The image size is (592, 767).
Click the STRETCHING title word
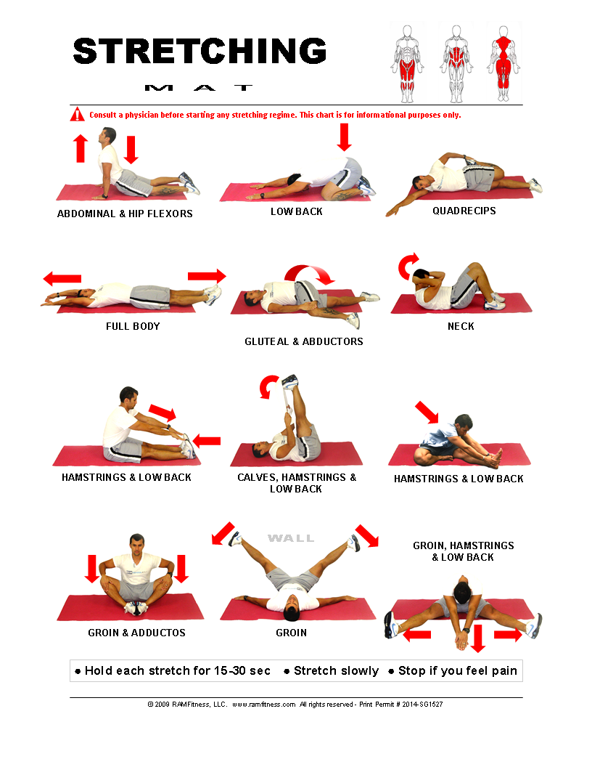[200, 51]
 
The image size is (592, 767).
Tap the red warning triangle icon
[77, 115]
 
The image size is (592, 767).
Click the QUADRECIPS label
[464, 211]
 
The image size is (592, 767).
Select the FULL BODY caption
[133, 326]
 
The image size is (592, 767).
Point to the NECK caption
[461, 326]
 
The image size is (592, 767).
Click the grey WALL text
[291, 538]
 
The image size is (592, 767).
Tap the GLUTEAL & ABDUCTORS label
[304, 341]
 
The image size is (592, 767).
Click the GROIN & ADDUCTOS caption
[137, 633]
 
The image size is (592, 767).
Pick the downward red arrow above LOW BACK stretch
[345, 137]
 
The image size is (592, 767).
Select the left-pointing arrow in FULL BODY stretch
[62, 279]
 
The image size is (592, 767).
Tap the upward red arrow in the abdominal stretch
[81, 148]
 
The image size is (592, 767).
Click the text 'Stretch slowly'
[336, 670]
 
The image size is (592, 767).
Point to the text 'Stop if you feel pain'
[458, 670]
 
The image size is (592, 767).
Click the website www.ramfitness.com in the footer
[264, 705]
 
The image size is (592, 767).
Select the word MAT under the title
[199, 88]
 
